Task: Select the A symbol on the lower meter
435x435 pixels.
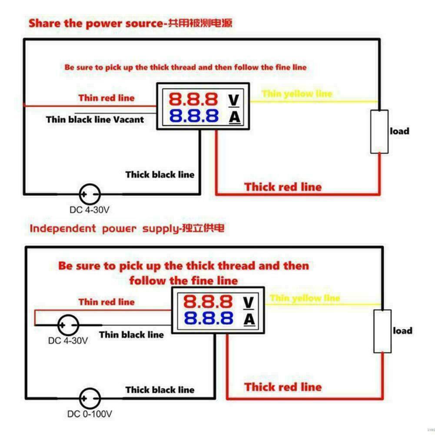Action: (x=249, y=319)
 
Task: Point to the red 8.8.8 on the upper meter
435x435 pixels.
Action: (x=193, y=100)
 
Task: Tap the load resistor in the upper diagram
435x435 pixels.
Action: (x=379, y=131)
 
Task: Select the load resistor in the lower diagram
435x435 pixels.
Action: (x=382, y=331)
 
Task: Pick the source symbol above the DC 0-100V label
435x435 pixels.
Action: (x=90, y=397)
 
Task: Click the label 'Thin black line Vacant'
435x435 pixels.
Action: (x=95, y=120)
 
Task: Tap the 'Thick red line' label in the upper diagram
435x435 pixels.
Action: (x=283, y=187)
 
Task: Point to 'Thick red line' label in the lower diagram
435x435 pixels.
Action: (x=283, y=387)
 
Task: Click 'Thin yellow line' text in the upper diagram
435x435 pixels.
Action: (x=297, y=93)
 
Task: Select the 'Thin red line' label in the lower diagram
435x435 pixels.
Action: (x=106, y=302)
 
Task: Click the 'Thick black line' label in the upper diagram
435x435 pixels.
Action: (x=160, y=175)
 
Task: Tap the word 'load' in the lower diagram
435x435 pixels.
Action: (x=402, y=331)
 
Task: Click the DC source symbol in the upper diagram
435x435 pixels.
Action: (x=90, y=194)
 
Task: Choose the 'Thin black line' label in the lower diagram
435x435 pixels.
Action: (x=131, y=335)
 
